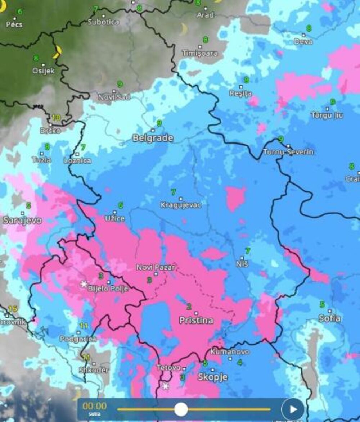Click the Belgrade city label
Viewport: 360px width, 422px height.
click(x=153, y=138)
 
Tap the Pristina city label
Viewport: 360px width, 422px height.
click(x=196, y=320)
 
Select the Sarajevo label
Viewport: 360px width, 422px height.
click(x=22, y=221)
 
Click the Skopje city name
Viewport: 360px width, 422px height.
click(x=213, y=377)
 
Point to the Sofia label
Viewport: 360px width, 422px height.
click(x=329, y=318)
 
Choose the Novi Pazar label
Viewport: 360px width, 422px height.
click(x=156, y=267)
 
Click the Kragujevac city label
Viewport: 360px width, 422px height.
click(x=181, y=205)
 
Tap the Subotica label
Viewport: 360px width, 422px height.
click(x=103, y=22)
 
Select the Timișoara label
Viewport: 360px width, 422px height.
click(x=200, y=53)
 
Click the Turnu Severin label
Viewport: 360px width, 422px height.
click(x=288, y=152)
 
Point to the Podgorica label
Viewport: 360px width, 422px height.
click(x=78, y=339)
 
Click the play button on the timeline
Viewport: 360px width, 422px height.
click(x=293, y=409)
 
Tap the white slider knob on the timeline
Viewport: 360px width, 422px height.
click(x=181, y=409)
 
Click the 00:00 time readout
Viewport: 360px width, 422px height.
click(x=94, y=406)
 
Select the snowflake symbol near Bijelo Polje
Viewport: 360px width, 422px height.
click(x=84, y=284)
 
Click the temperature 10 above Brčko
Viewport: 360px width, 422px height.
click(x=56, y=118)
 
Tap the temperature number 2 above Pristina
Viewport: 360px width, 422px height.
click(x=189, y=307)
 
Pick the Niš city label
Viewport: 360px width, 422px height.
click(x=243, y=264)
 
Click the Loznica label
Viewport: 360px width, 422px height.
click(x=77, y=161)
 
